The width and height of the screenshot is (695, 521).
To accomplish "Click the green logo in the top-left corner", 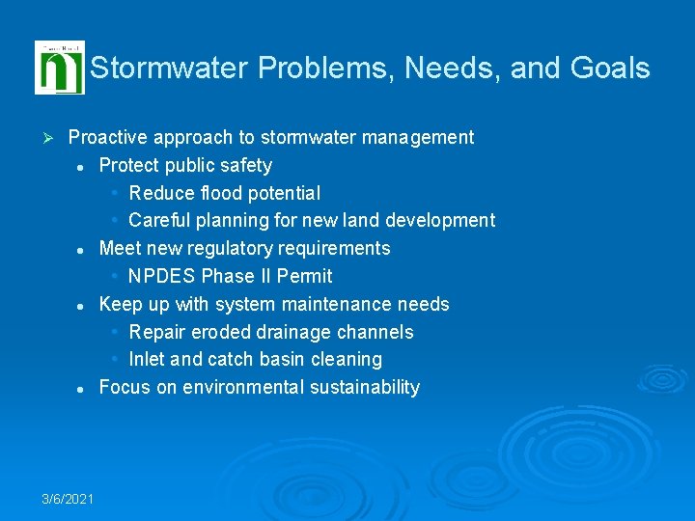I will tap(59, 68).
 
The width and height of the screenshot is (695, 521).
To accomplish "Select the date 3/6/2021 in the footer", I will tap(68, 499).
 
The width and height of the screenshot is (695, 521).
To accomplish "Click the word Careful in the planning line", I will tap(159, 221).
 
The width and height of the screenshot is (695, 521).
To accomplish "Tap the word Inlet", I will tap(148, 359).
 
